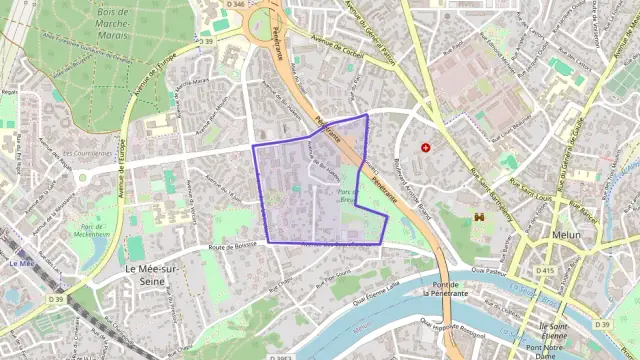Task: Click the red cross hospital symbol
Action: tap(427, 148)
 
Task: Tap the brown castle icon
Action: tap(480, 215)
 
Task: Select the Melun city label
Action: tap(566, 235)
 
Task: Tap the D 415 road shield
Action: tap(546, 270)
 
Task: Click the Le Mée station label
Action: tap(21, 263)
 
